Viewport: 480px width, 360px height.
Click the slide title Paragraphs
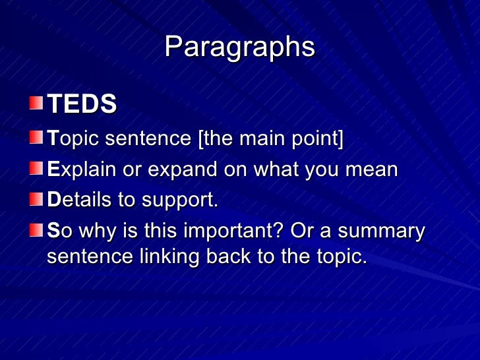pyautogui.click(x=239, y=47)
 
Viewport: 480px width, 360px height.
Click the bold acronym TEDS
pyautogui.click(x=82, y=104)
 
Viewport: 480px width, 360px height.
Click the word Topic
pyautogui.click(x=74, y=140)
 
